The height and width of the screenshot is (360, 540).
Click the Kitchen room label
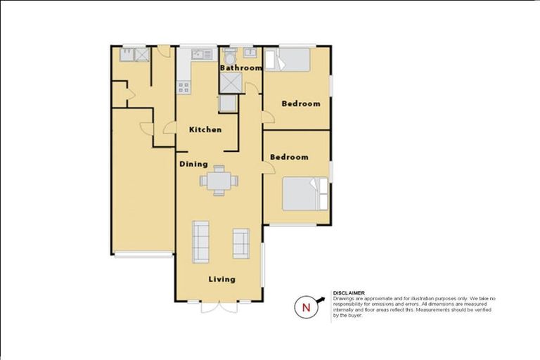click(205, 130)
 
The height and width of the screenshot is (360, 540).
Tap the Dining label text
click(193, 165)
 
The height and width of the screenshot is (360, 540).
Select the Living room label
click(222, 279)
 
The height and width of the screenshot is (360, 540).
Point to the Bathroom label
click(241, 68)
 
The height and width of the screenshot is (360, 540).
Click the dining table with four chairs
click(219, 181)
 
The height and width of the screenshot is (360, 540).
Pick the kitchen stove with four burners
click(184, 87)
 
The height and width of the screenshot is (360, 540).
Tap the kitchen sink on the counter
click(202, 54)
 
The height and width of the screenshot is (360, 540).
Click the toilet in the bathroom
click(230, 55)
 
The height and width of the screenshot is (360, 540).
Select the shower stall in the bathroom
click(231, 83)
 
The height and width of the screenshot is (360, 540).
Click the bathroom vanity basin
click(250, 53)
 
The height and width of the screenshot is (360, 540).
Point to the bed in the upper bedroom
click(288, 60)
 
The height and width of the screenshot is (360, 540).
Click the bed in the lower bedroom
click(305, 193)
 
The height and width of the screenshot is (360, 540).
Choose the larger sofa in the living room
click(200, 242)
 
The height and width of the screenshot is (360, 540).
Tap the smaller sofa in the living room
click(241, 243)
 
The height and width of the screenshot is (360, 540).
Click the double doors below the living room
click(219, 307)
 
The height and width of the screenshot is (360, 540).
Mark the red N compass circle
click(306, 307)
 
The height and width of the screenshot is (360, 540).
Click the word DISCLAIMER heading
click(349, 293)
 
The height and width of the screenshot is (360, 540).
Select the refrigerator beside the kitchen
click(227, 103)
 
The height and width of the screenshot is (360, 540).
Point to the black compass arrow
click(321, 300)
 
